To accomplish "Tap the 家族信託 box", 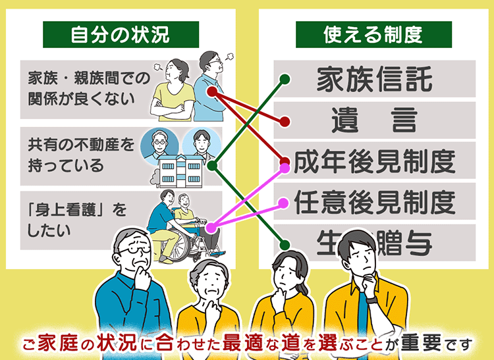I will [374, 80].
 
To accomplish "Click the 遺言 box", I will [374, 120].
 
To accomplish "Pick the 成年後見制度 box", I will [374, 161].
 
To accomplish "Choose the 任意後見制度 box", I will [374, 201].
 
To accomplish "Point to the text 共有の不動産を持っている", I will [76, 153].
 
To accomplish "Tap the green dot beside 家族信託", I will [285, 80].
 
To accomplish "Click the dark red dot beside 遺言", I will [285, 122].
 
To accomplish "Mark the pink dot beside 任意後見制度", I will [284, 203].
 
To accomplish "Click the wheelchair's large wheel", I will [202, 238].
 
